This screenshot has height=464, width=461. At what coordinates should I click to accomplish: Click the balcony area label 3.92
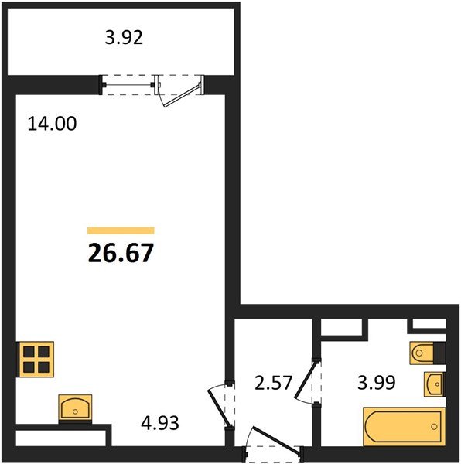point(124,38)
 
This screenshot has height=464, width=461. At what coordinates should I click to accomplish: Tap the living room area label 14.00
point(52,124)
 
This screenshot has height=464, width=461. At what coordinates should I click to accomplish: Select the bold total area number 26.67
point(121,253)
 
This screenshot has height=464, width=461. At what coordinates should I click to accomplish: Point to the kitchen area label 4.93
point(160,423)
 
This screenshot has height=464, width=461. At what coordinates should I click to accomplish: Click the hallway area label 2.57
point(273,383)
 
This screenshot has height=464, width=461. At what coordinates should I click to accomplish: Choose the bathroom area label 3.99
point(377,383)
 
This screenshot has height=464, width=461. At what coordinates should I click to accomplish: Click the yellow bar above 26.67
point(121,230)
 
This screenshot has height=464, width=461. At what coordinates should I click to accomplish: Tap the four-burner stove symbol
point(36,360)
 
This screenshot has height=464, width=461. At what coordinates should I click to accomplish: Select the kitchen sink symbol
point(75,408)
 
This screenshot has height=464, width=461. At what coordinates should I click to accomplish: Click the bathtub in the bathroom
point(405,426)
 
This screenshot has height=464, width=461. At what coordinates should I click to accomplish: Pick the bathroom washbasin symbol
point(434,384)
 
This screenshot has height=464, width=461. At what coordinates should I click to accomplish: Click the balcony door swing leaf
point(183,96)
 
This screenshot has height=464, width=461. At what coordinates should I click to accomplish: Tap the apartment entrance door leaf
point(275,440)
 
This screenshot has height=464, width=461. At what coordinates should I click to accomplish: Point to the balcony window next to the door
point(128,85)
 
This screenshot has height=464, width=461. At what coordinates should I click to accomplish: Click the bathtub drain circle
point(434,427)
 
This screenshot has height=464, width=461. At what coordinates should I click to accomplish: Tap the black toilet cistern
point(439,353)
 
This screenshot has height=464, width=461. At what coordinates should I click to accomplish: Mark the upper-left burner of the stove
point(29,352)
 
